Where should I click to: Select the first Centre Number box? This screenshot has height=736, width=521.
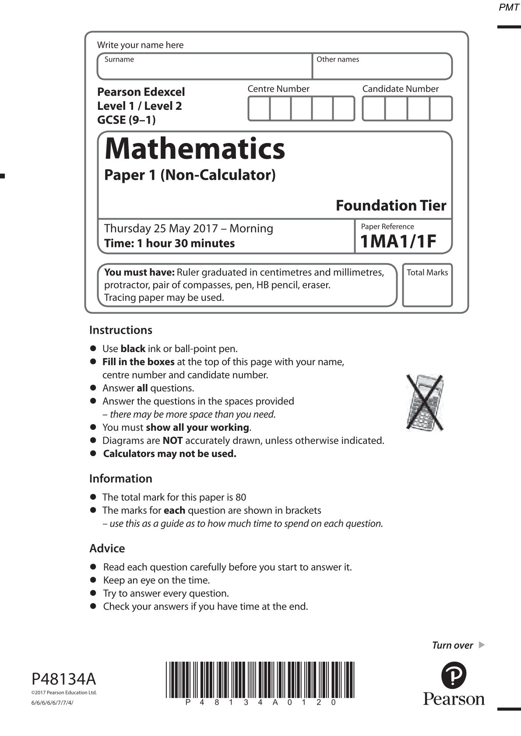coord(259,108)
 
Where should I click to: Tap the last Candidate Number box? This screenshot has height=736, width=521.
coord(441,108)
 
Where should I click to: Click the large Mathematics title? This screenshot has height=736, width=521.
coord(195,149)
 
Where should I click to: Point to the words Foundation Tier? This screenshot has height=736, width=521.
coord(391,206)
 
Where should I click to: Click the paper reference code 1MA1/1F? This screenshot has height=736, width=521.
coord(398,241)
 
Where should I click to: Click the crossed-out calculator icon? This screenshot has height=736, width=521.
coord(424,401)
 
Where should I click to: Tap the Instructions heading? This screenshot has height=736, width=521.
coord(121,330)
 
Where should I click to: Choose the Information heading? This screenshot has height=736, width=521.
coord(121,478)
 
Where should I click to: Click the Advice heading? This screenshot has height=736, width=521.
coord(107,548)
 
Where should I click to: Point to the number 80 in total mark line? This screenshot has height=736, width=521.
coord(241,497)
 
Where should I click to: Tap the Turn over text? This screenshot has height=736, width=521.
coord(453,645)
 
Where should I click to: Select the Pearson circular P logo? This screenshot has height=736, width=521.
coord(454,675)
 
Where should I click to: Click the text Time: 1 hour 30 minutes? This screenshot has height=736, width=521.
coord(169,243)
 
